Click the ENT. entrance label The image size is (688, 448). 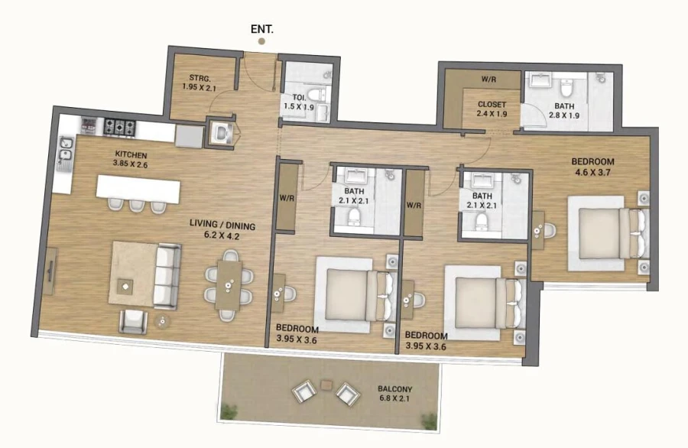click(x=262, y=30)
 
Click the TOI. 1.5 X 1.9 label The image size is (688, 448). click(x=299, y=102)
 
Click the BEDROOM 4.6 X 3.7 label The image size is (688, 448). click(x=593, y=167)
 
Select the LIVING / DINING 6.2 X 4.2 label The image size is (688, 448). click(x=222, y=230)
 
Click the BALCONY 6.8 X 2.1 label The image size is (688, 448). click(x=394, y=394)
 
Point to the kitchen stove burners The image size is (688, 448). click(x=119, y=125)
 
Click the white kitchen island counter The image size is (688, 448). click(x=138, y=189)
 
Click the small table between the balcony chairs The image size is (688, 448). click(x=326, y=384)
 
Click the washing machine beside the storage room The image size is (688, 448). click(x=221, y=134)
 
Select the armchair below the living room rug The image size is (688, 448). click(x=132, y=320)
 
